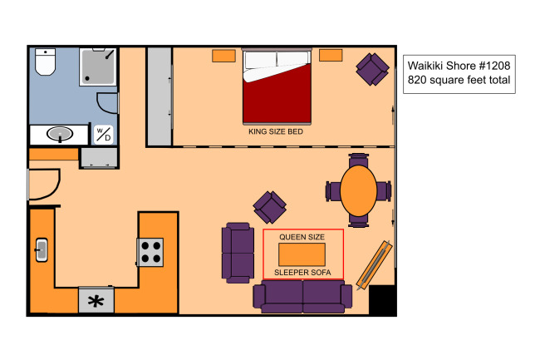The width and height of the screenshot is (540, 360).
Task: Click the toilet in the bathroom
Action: click(45, 62)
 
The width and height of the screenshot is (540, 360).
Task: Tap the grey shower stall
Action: click(98, 67)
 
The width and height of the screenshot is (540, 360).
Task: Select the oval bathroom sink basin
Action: click(60, 134)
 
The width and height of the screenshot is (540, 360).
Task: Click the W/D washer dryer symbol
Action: click(103, 135)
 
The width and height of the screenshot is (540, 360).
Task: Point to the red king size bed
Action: click(277, 86)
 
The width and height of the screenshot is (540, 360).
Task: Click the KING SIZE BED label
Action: click(276, 131)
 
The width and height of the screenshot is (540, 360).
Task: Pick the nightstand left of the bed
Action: click(223, 56)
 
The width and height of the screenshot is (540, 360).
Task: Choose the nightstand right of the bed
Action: click(331, 55)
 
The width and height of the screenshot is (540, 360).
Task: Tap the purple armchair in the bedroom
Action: click(372, 69)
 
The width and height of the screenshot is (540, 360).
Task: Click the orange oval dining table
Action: click(359, 191)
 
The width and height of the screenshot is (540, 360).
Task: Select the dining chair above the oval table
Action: click(359, 160)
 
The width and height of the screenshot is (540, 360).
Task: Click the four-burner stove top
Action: click(150, 252)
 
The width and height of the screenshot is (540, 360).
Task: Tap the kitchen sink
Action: click(42, 250)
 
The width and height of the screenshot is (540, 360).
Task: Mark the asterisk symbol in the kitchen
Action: click(96, 301)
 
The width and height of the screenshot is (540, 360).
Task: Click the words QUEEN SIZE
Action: click(302, 237)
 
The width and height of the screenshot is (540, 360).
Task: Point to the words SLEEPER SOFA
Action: click(302, 273)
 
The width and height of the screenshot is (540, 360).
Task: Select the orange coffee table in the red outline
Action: click(302, 254)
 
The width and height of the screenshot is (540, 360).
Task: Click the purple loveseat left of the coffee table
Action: click(238, 253)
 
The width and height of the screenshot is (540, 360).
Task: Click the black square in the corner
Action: click(382, 299)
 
